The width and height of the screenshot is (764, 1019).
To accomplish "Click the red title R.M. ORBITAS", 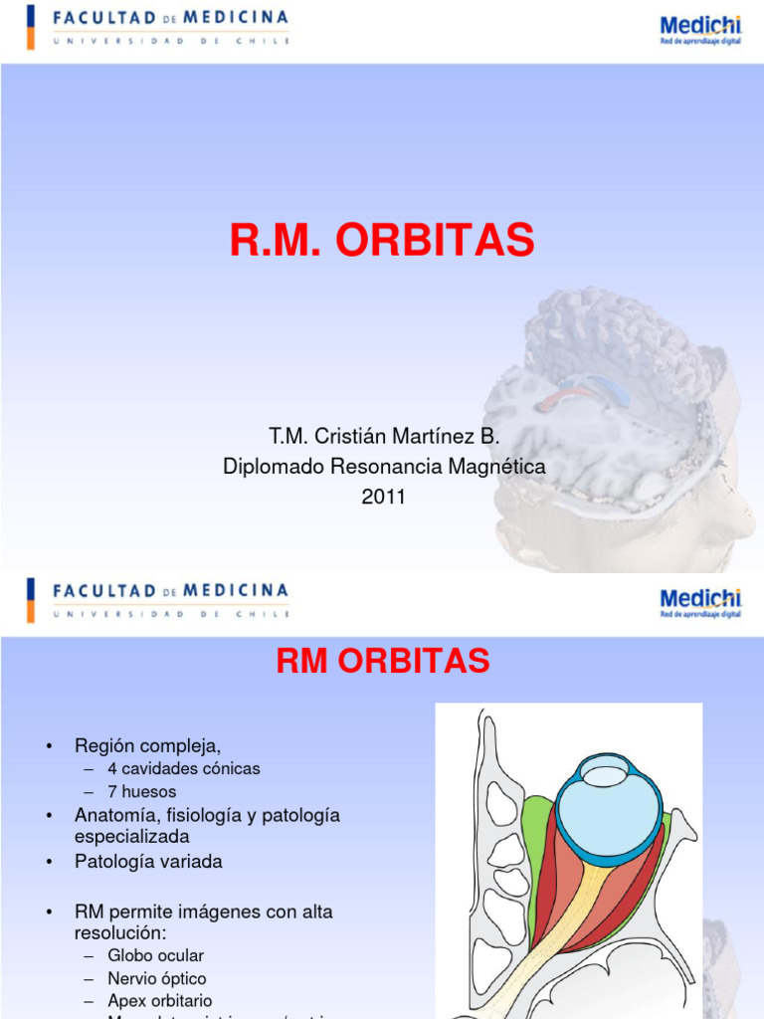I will pos(382,240).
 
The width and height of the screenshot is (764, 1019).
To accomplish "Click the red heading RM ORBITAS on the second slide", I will pos(382,661).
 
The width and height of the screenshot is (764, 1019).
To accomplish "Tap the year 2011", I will pos(383,497).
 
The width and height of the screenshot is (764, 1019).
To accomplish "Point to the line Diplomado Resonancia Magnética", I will pos(384,466).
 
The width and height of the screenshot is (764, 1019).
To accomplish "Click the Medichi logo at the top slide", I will pos(700,29).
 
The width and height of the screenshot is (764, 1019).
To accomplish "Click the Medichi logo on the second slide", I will pos(700,601).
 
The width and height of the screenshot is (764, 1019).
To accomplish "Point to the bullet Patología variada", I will pos(148,862).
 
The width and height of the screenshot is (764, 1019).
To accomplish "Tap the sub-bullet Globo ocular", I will pos(155,955).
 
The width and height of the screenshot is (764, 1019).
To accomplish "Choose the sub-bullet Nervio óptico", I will pos(157,978).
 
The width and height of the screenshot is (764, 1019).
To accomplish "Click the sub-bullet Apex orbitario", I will pos(160,1001).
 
